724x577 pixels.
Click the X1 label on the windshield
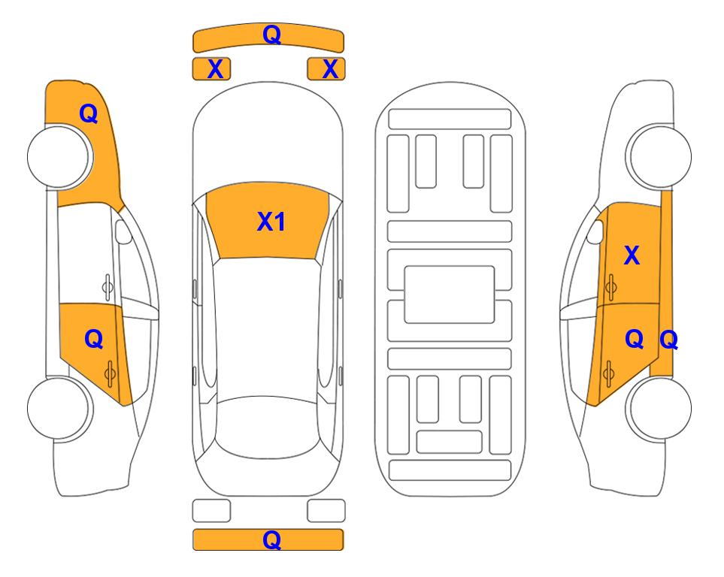point(271,222)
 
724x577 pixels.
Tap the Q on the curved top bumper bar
point(271,35)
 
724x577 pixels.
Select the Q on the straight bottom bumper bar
point(271,539)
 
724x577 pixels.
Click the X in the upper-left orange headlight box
point(215,69)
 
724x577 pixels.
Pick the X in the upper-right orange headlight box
point(330,69)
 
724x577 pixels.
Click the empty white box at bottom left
point(211,511)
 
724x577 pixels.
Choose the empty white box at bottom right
point(326,511)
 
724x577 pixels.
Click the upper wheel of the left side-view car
point(59,156)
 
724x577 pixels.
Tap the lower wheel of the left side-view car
point(59,408)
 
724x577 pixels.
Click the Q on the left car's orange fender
point(89,113)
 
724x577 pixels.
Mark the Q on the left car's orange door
point(94,340)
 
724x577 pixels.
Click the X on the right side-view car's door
point(632,255)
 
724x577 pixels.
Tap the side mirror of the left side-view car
point(123,231)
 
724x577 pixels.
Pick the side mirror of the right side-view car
point(595,231)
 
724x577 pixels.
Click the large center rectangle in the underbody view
point(450,295)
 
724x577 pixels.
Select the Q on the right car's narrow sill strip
point(668,340)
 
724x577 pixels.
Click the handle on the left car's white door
point(108,287)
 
